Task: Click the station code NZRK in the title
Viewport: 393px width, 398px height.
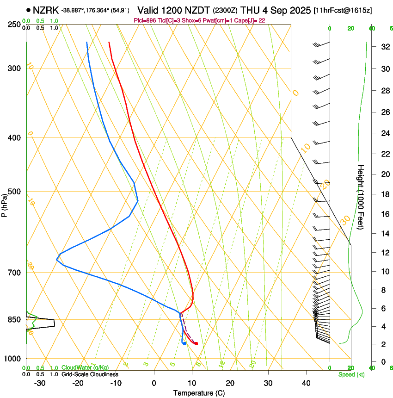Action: click(46, 10)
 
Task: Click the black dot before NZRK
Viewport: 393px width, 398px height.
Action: click(29, 10)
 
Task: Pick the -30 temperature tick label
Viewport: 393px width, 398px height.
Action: click(40, 383)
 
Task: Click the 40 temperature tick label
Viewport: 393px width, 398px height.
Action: click(306, 383)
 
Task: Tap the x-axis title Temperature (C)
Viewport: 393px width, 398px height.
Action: click(199, 393)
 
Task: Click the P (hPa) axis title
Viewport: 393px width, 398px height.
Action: click(4, 204)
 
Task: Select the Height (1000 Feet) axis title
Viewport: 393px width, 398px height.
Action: click(361, 197)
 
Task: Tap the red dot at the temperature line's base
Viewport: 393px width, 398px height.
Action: click(196, 343)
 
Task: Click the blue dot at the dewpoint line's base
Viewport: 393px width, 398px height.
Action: click(184, 343)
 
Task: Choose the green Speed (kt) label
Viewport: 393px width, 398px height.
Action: click(351, 374)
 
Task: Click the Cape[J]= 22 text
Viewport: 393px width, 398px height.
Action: click(250, 21)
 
